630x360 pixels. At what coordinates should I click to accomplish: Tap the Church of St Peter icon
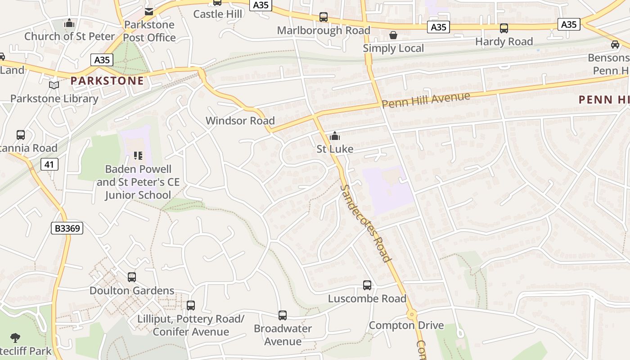69,22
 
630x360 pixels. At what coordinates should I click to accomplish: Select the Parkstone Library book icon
54,85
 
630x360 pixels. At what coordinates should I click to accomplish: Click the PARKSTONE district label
107,81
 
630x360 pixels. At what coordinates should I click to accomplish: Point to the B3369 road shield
67,228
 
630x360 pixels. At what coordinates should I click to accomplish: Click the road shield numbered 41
49,164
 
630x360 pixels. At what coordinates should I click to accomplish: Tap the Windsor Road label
240,121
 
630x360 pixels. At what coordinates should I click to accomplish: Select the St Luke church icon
335,135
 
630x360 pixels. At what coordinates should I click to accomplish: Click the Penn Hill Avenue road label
425,100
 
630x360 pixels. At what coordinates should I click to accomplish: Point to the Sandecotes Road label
365,223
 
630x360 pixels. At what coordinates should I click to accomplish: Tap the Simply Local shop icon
393,35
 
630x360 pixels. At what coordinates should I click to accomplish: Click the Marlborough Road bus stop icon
324,17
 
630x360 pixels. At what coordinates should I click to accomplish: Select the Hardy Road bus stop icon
504,28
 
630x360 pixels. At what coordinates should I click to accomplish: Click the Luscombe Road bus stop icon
367,285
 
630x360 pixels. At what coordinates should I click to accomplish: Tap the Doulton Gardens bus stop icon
132,277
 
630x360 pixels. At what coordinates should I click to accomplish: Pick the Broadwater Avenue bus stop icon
283,315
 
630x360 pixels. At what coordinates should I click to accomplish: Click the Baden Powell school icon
138,156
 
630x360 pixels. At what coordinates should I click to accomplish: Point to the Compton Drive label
406,325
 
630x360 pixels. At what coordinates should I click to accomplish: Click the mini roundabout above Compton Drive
411,314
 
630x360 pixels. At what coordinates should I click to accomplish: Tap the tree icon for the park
16,337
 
